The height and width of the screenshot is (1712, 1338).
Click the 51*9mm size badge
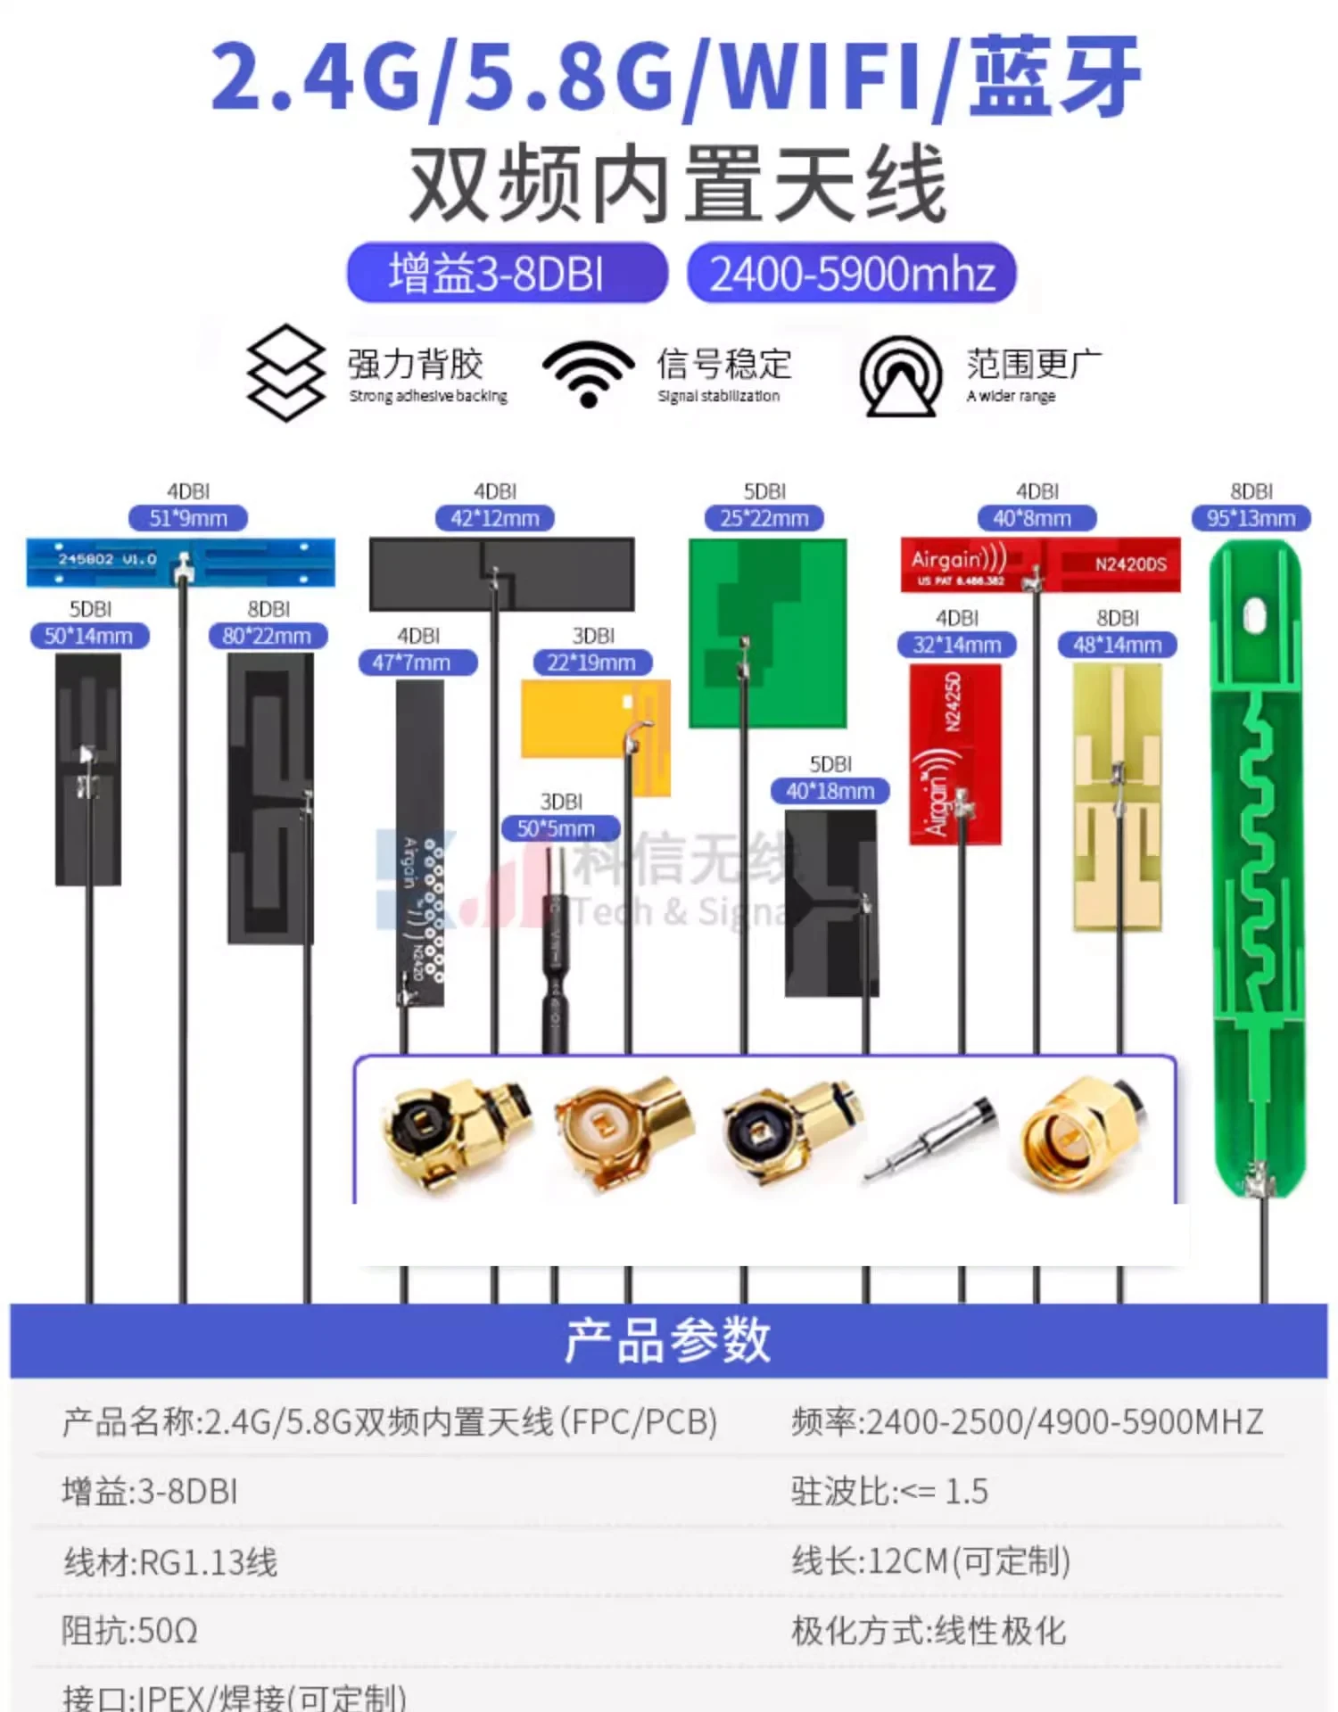coord(187,518)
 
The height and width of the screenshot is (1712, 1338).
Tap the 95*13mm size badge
coord(1251,518)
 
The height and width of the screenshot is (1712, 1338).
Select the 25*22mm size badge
coord(764,518)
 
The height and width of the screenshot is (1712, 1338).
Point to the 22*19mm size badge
coord(592,663)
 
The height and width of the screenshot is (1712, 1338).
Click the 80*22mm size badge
coord(268,636)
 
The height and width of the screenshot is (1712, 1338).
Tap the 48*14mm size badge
coord(1117,645)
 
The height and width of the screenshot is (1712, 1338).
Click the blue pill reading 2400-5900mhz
coord(852,274)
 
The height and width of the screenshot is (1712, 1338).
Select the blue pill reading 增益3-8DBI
coord(507,274)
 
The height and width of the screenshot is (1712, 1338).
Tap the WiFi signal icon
coord(589,373)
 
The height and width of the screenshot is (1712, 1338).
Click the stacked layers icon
coord(285,373)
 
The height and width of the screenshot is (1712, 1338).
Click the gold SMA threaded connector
coord(1079,1132)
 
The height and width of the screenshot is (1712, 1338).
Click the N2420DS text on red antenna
coord(1130,564)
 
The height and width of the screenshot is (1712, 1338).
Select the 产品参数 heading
coord(668,1340)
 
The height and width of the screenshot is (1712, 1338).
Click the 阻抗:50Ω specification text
coord(129,1631)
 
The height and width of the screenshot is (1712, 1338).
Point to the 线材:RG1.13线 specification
coord(170,1561)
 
